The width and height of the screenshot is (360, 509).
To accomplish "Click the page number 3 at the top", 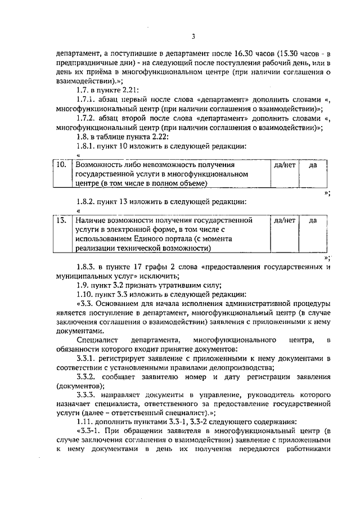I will [192, 37].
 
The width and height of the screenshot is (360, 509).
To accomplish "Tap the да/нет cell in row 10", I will [284, 166].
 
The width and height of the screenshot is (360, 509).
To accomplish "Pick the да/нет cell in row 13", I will [284, 220].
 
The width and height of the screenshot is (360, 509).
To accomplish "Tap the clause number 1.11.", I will [85, 421].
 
